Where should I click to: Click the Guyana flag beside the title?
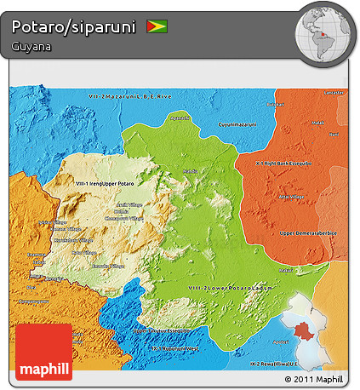(x=157, y=26)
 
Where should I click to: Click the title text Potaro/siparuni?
(x=74, y=27)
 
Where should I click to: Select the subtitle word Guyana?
(x=31, y=47)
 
